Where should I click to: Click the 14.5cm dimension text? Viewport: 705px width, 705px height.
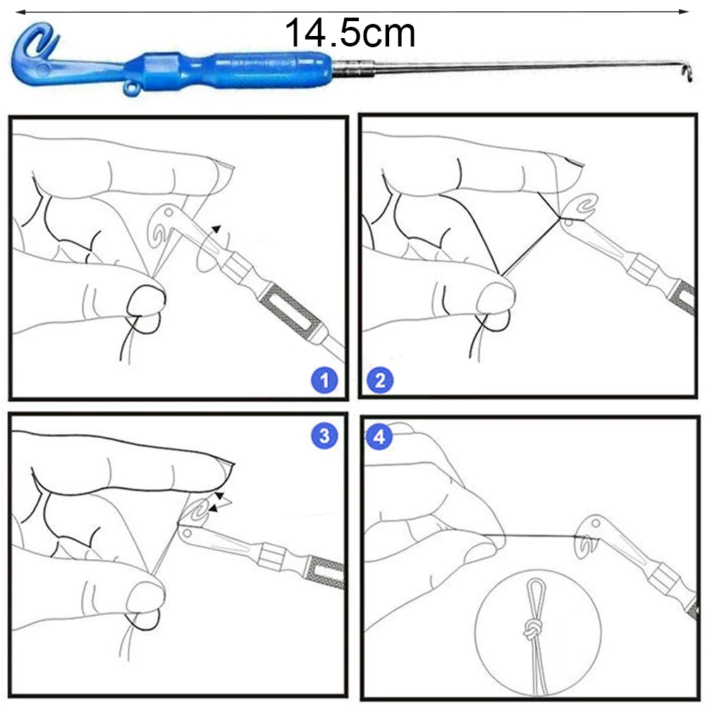point(350,33)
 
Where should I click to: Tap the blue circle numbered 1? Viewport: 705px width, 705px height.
point(324,381)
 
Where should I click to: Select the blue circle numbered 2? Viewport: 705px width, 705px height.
point(380,381)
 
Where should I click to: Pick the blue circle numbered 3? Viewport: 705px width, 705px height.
point(324,436)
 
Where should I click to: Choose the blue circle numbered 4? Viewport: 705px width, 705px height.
point(380,436)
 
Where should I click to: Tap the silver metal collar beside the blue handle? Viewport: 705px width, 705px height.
point(353,69)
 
